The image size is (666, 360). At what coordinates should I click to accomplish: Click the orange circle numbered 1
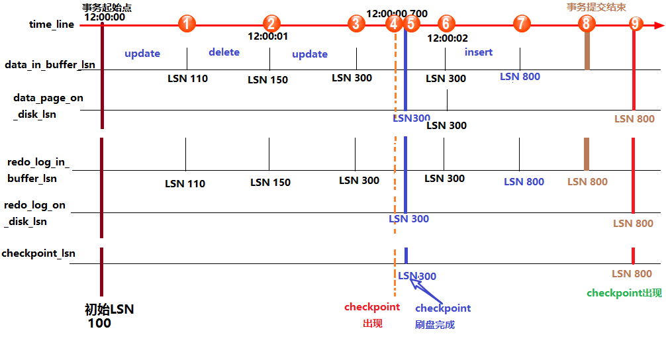pos(187,24)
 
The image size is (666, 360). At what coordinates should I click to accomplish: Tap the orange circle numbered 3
pos(356,24)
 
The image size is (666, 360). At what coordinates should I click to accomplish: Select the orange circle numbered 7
pos(522,24)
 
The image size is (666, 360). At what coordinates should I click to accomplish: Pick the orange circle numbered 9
pos(636,24)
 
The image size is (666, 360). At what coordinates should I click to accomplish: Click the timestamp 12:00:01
pos(267,36)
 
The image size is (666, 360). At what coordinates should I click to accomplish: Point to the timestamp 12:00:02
pos(448,38)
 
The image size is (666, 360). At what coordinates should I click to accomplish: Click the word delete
pos(224,52)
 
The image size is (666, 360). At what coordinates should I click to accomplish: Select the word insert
pos(478,52)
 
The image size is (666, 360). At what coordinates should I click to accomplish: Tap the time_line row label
pos(52,24)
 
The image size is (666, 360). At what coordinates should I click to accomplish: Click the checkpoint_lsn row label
pos(38,253)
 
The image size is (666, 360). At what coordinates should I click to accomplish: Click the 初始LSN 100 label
pos(109,316)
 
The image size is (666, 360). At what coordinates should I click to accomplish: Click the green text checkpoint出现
pos(624,293)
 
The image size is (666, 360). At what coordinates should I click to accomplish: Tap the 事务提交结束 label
pos(596,7)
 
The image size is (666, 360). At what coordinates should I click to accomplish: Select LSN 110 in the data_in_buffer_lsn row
pos(187,78)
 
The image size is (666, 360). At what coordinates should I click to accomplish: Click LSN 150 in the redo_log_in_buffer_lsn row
pos(270,182)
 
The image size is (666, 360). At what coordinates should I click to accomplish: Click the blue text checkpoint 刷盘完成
pos(442,316)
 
